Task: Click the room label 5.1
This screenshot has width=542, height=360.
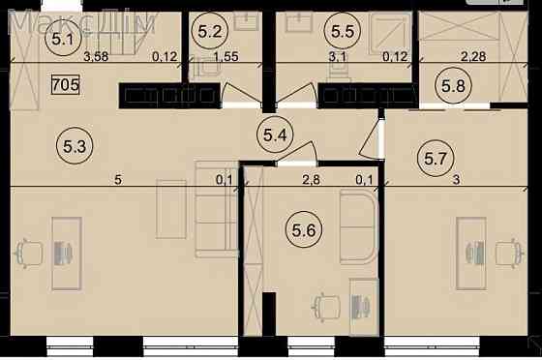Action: point(63,38)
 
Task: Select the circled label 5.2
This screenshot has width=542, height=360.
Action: point(210,32)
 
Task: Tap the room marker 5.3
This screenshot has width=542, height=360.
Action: point(75,146)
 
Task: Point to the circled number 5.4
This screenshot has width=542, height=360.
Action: point(275,135)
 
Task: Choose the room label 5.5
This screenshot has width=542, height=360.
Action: point(343,31)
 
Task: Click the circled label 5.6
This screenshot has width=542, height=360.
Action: point(304,229)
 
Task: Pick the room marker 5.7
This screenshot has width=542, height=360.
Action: point(436,159)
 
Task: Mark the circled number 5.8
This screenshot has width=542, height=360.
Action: point(453,85)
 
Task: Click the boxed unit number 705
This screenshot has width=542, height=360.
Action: point(66,84)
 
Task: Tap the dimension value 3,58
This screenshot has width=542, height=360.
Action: point(96,56)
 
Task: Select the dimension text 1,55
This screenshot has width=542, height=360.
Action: point(226,56)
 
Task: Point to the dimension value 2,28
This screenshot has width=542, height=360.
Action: point(473,56)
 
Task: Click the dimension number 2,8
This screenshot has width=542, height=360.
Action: point(311,180)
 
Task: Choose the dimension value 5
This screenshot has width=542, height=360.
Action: point(118,180)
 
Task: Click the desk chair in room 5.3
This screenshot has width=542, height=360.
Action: point(29,254)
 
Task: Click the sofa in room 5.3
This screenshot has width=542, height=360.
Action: point(217,209)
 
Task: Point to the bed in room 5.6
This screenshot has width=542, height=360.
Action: point(358,228)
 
